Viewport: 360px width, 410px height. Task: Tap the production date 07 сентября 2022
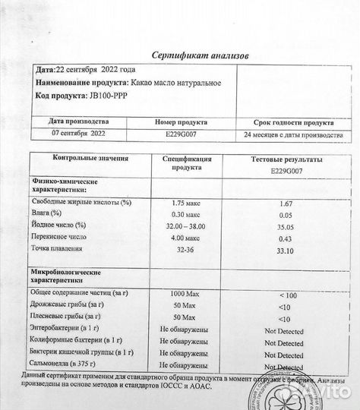[x=78, y=134]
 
